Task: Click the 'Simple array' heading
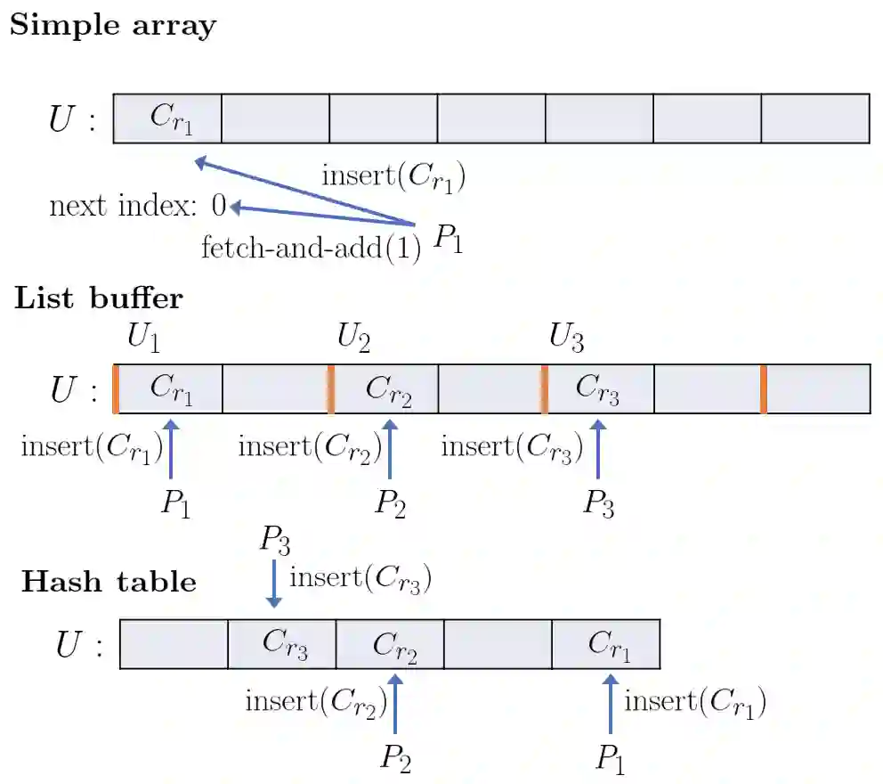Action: click(x=112, y=25)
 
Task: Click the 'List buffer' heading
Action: click(x=98, y=298)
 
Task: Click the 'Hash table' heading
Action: click(x=109, y=582)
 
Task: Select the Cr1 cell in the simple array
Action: click(x=168, y=119)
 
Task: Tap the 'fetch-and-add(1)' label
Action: click(x=311, y=246)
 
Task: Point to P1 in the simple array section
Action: click(x=449, y=239)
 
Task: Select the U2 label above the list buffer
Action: click(x=353, y=339)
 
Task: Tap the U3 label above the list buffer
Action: click(x=566, y=339)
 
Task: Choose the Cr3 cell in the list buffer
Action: click(x=598, y=388)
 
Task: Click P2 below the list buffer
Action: click(x=391, y=504)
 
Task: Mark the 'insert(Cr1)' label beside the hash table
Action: click(x=695, y=703)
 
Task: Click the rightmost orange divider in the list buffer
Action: click(x=764, y=388)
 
